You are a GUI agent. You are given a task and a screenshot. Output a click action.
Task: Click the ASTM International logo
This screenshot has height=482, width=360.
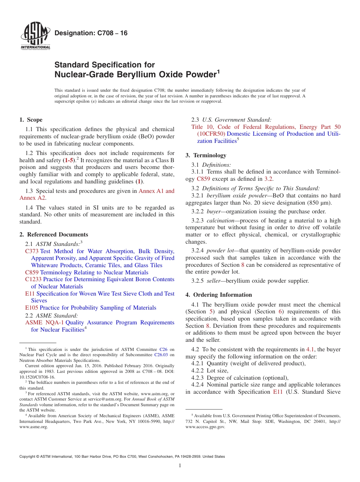pyautogui.click(x=35, y=36)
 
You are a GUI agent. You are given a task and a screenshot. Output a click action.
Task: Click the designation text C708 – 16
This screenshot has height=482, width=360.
pyautogui.click(x=91, y=33)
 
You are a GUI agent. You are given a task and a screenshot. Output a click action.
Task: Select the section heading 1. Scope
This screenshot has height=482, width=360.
pyautogui.click(x=31, y=120)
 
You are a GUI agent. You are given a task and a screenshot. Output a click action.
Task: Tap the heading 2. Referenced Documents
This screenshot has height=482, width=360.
pyautogui.click(x=54, y=235)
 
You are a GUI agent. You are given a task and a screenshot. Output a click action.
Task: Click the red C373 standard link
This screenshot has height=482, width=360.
pyautogui.click(x=32, y=251)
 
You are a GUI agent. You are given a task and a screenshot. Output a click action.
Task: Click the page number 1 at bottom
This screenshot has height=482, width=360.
pyautogui.click(x=180, y=465)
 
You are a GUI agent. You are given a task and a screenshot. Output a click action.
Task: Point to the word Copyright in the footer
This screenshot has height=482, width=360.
pyautogui.click(x=28, y=457)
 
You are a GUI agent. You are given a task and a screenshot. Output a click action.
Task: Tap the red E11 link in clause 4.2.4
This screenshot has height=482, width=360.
pyautogui.click(x=278, y=392)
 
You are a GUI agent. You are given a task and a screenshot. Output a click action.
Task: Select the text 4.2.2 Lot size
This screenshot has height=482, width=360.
pyautogui.click(x=210, y=371)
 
